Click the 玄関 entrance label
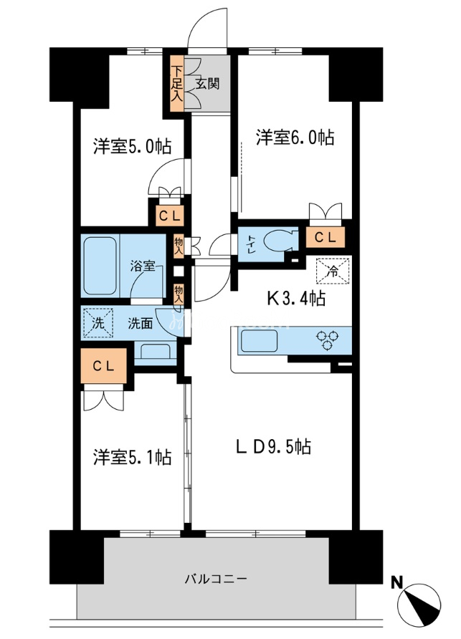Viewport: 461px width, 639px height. [x=208, y=84]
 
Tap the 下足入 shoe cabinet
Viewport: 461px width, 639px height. [x=176, y=84]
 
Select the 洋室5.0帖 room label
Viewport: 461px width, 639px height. [x=132, y=146]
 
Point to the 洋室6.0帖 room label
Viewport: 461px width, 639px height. [x=295, y=138]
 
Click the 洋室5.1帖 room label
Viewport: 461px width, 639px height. [x=132, y=457]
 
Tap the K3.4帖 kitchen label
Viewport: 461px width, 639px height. [x=296, y=298]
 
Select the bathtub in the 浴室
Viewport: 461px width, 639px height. [x=100, y=266]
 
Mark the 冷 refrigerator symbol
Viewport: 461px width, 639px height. [x=333, y=271]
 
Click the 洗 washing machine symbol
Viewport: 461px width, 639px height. [x=98, y=323]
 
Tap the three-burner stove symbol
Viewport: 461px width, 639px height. [x=328, y=340]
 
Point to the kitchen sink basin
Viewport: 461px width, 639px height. [x=260, y=341]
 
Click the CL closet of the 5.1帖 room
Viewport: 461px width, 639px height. [x=104, y=365]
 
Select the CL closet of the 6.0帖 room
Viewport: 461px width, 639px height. [x=325, y=237]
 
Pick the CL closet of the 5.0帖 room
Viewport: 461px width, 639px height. [x=170, y=216]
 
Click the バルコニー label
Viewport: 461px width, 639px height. [x=216, y=579]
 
